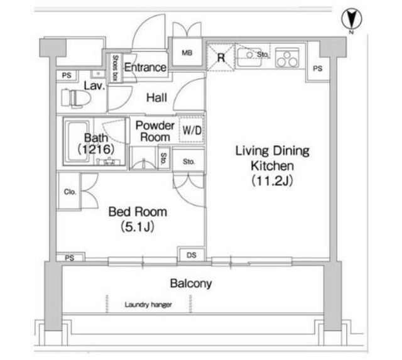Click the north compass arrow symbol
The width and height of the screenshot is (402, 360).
pyautogui.click(x=352, y=19)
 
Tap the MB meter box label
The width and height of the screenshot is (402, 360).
pyautogui.click(x=187, y=53)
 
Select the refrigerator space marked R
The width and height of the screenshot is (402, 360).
pyautogui.click(x=220, y=57)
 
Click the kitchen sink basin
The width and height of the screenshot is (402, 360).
pyautogui.click(x=249, y=57)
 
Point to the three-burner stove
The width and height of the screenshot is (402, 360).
pyautogui.click(x=287, y=58)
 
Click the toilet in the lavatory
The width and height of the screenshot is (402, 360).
pyautogui.click(x=76, y=97)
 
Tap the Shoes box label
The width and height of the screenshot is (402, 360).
pyautogui.click(x=116, y=68)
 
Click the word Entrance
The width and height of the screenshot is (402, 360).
pyautogui.click(x=145, y=67)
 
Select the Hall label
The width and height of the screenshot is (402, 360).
pyautogui.click(x=156, y=97)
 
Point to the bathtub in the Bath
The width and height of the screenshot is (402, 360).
pyautogui.click(x=77, y=141)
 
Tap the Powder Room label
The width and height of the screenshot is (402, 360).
pyautogui.click(x=155, y=131)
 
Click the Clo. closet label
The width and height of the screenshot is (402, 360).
pyautogui.click(x=70, y=192)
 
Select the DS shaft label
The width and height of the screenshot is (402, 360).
pyautogui.click(x=192, y=255)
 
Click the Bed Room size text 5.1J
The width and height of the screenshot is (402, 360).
pyautogui.click(x=138, y=227)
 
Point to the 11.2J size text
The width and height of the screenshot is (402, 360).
pyautogui.click(x=272, y=182)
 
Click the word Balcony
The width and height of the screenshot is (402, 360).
pyautogui.click(x=191, y=283)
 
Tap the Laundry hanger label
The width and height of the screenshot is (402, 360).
pyautogui.click(x=148, y=305)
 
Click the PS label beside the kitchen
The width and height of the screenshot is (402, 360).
pyautogui.click(x=317, y=68)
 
